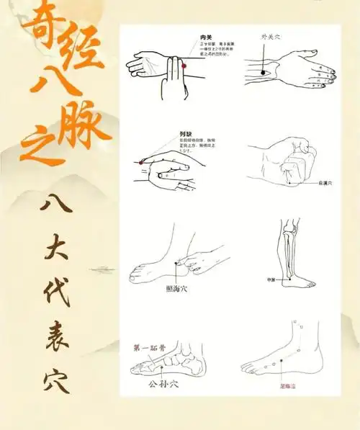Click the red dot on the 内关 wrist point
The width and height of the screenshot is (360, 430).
pyautogui.click(x=184, y=66)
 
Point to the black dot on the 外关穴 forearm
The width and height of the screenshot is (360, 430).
pyautogui.click(x=263, y=72)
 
